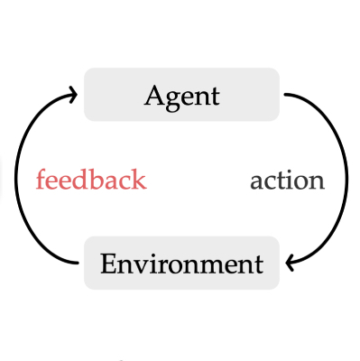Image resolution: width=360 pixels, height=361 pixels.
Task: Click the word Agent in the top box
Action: tap(181, 96)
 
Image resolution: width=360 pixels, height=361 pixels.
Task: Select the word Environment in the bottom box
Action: tap(181, 264)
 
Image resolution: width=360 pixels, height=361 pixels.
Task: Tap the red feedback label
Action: tap(90, 180)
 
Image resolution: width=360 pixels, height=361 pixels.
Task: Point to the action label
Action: tap(287, 180)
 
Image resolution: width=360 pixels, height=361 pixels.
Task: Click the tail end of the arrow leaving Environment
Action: tap(78, 263)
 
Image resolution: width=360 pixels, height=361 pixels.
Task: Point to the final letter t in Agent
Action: tap(215, 96)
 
